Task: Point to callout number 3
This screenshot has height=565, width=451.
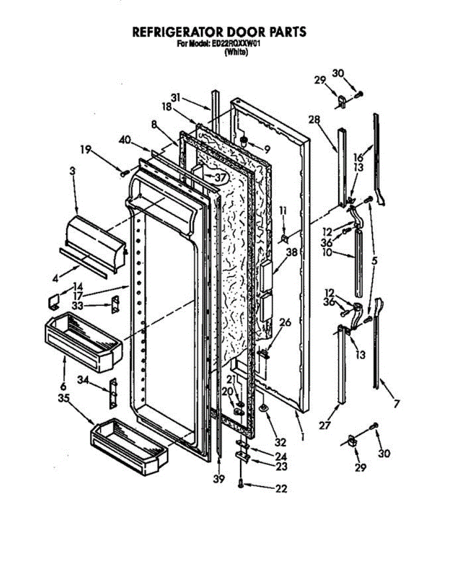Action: [72, 172]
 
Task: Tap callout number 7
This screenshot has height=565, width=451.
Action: [396, 403]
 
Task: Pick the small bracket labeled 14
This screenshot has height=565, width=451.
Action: [55, 301]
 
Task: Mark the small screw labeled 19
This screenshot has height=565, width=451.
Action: [124, 173]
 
